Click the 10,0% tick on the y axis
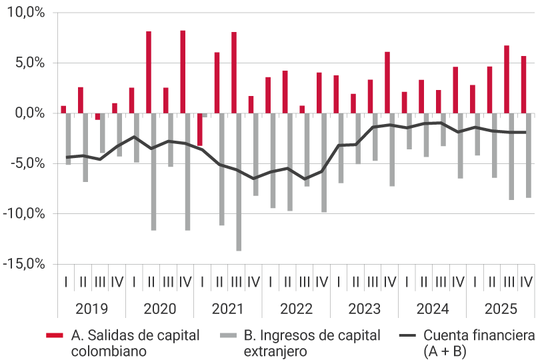(x=25, y=13)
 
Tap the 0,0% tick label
(x=27, y=113)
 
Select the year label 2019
(x=91, y=309)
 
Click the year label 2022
(x=296, y=309)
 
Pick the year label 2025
(x=500, y=309)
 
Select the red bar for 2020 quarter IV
(x=183, y=72)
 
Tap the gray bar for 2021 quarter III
(x=239, y=181)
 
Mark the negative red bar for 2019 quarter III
(x=97, y=116)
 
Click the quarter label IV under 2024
(x=458, y=282)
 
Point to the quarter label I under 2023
(x=339, y=282)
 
